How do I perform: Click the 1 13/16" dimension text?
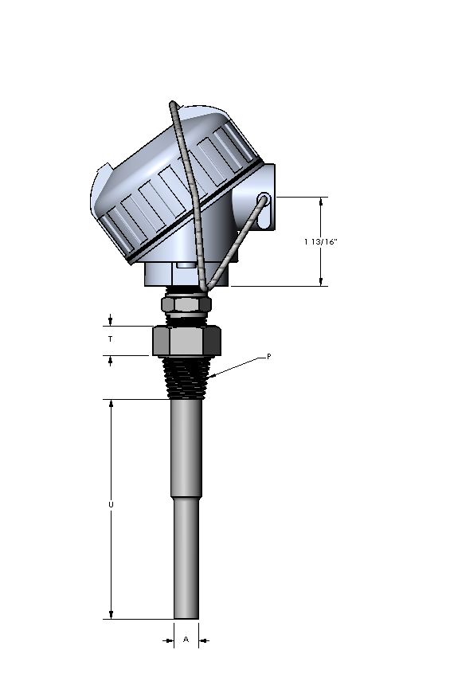pyautogui.click(x=321, y=241)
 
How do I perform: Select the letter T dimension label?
pyautogui.click(x=111, y=339)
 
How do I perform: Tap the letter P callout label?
pyautogui.click(x=268, y=357)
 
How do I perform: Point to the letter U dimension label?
pyautogui.click(x=111, y=505)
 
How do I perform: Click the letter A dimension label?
pyautogui.click(x=186, y=639)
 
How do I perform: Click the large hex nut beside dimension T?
pyautogui.click(x=186, y=341)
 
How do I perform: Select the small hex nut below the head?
pyautogui.click(x=186, y=303)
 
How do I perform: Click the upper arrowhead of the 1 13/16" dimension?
pyautogui.click(x=322, y=202)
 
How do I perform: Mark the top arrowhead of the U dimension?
pyautogui.click(x=112, y=404)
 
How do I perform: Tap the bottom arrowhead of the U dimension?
pyautogui.click(x=112, y=614)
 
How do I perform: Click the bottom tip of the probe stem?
pyautogui.click(x=186, y=616)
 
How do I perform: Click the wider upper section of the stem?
pyautogui.click(x=186, y=446)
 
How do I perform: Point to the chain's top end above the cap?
pyautogui.click(x=172, y=104)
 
